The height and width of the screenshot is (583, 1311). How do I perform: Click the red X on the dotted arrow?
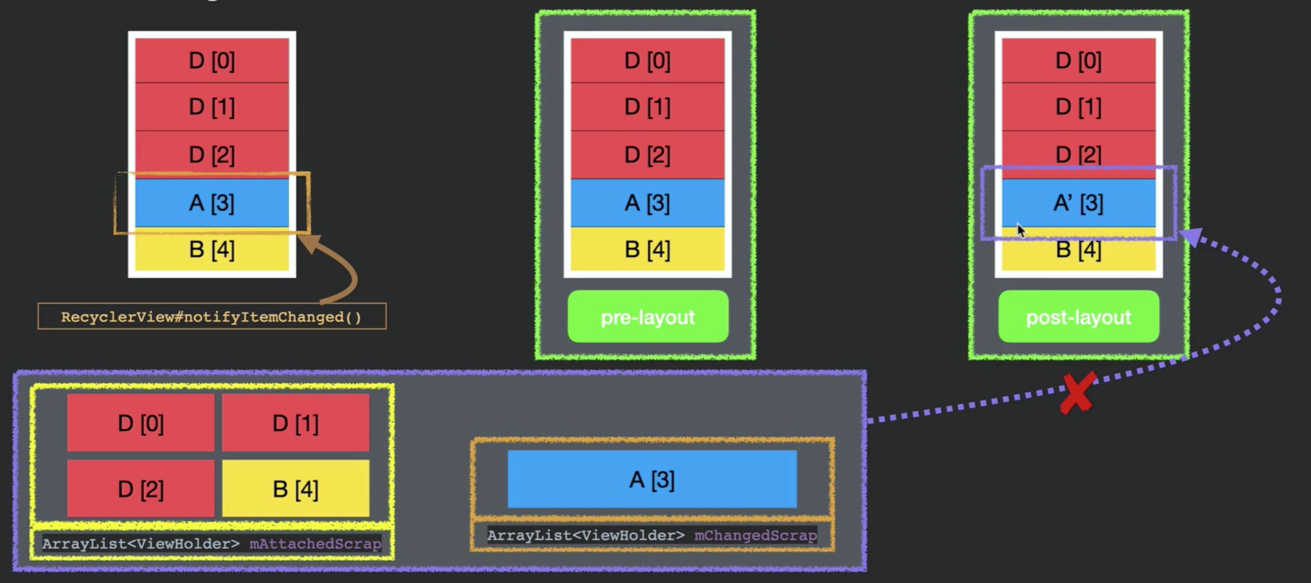1077,393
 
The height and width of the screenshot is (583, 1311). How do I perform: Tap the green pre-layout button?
648,317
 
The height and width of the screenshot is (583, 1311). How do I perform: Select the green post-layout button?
1079,317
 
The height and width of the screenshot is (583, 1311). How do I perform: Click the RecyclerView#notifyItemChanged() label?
212,317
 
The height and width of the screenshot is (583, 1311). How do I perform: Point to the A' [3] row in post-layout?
1079,203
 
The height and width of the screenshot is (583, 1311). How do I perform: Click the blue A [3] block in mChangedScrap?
652,480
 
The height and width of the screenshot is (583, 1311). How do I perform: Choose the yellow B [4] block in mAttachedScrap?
296,489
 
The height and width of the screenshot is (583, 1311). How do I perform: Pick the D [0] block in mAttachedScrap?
141,423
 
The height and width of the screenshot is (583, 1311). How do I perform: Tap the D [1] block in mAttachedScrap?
296,423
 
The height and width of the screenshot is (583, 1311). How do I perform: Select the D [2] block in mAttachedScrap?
141,489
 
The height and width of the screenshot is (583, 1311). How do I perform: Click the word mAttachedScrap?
315,544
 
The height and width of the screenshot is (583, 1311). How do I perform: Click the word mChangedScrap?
755,536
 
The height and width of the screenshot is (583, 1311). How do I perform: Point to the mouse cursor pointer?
1020,230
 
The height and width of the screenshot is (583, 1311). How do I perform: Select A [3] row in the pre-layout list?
648,203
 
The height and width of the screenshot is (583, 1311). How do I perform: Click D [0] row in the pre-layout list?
648,61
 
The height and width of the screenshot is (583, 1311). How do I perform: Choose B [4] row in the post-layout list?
1079,250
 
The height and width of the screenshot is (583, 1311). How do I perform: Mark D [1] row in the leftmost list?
212,107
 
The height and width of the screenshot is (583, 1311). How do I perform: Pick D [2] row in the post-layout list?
1079,154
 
